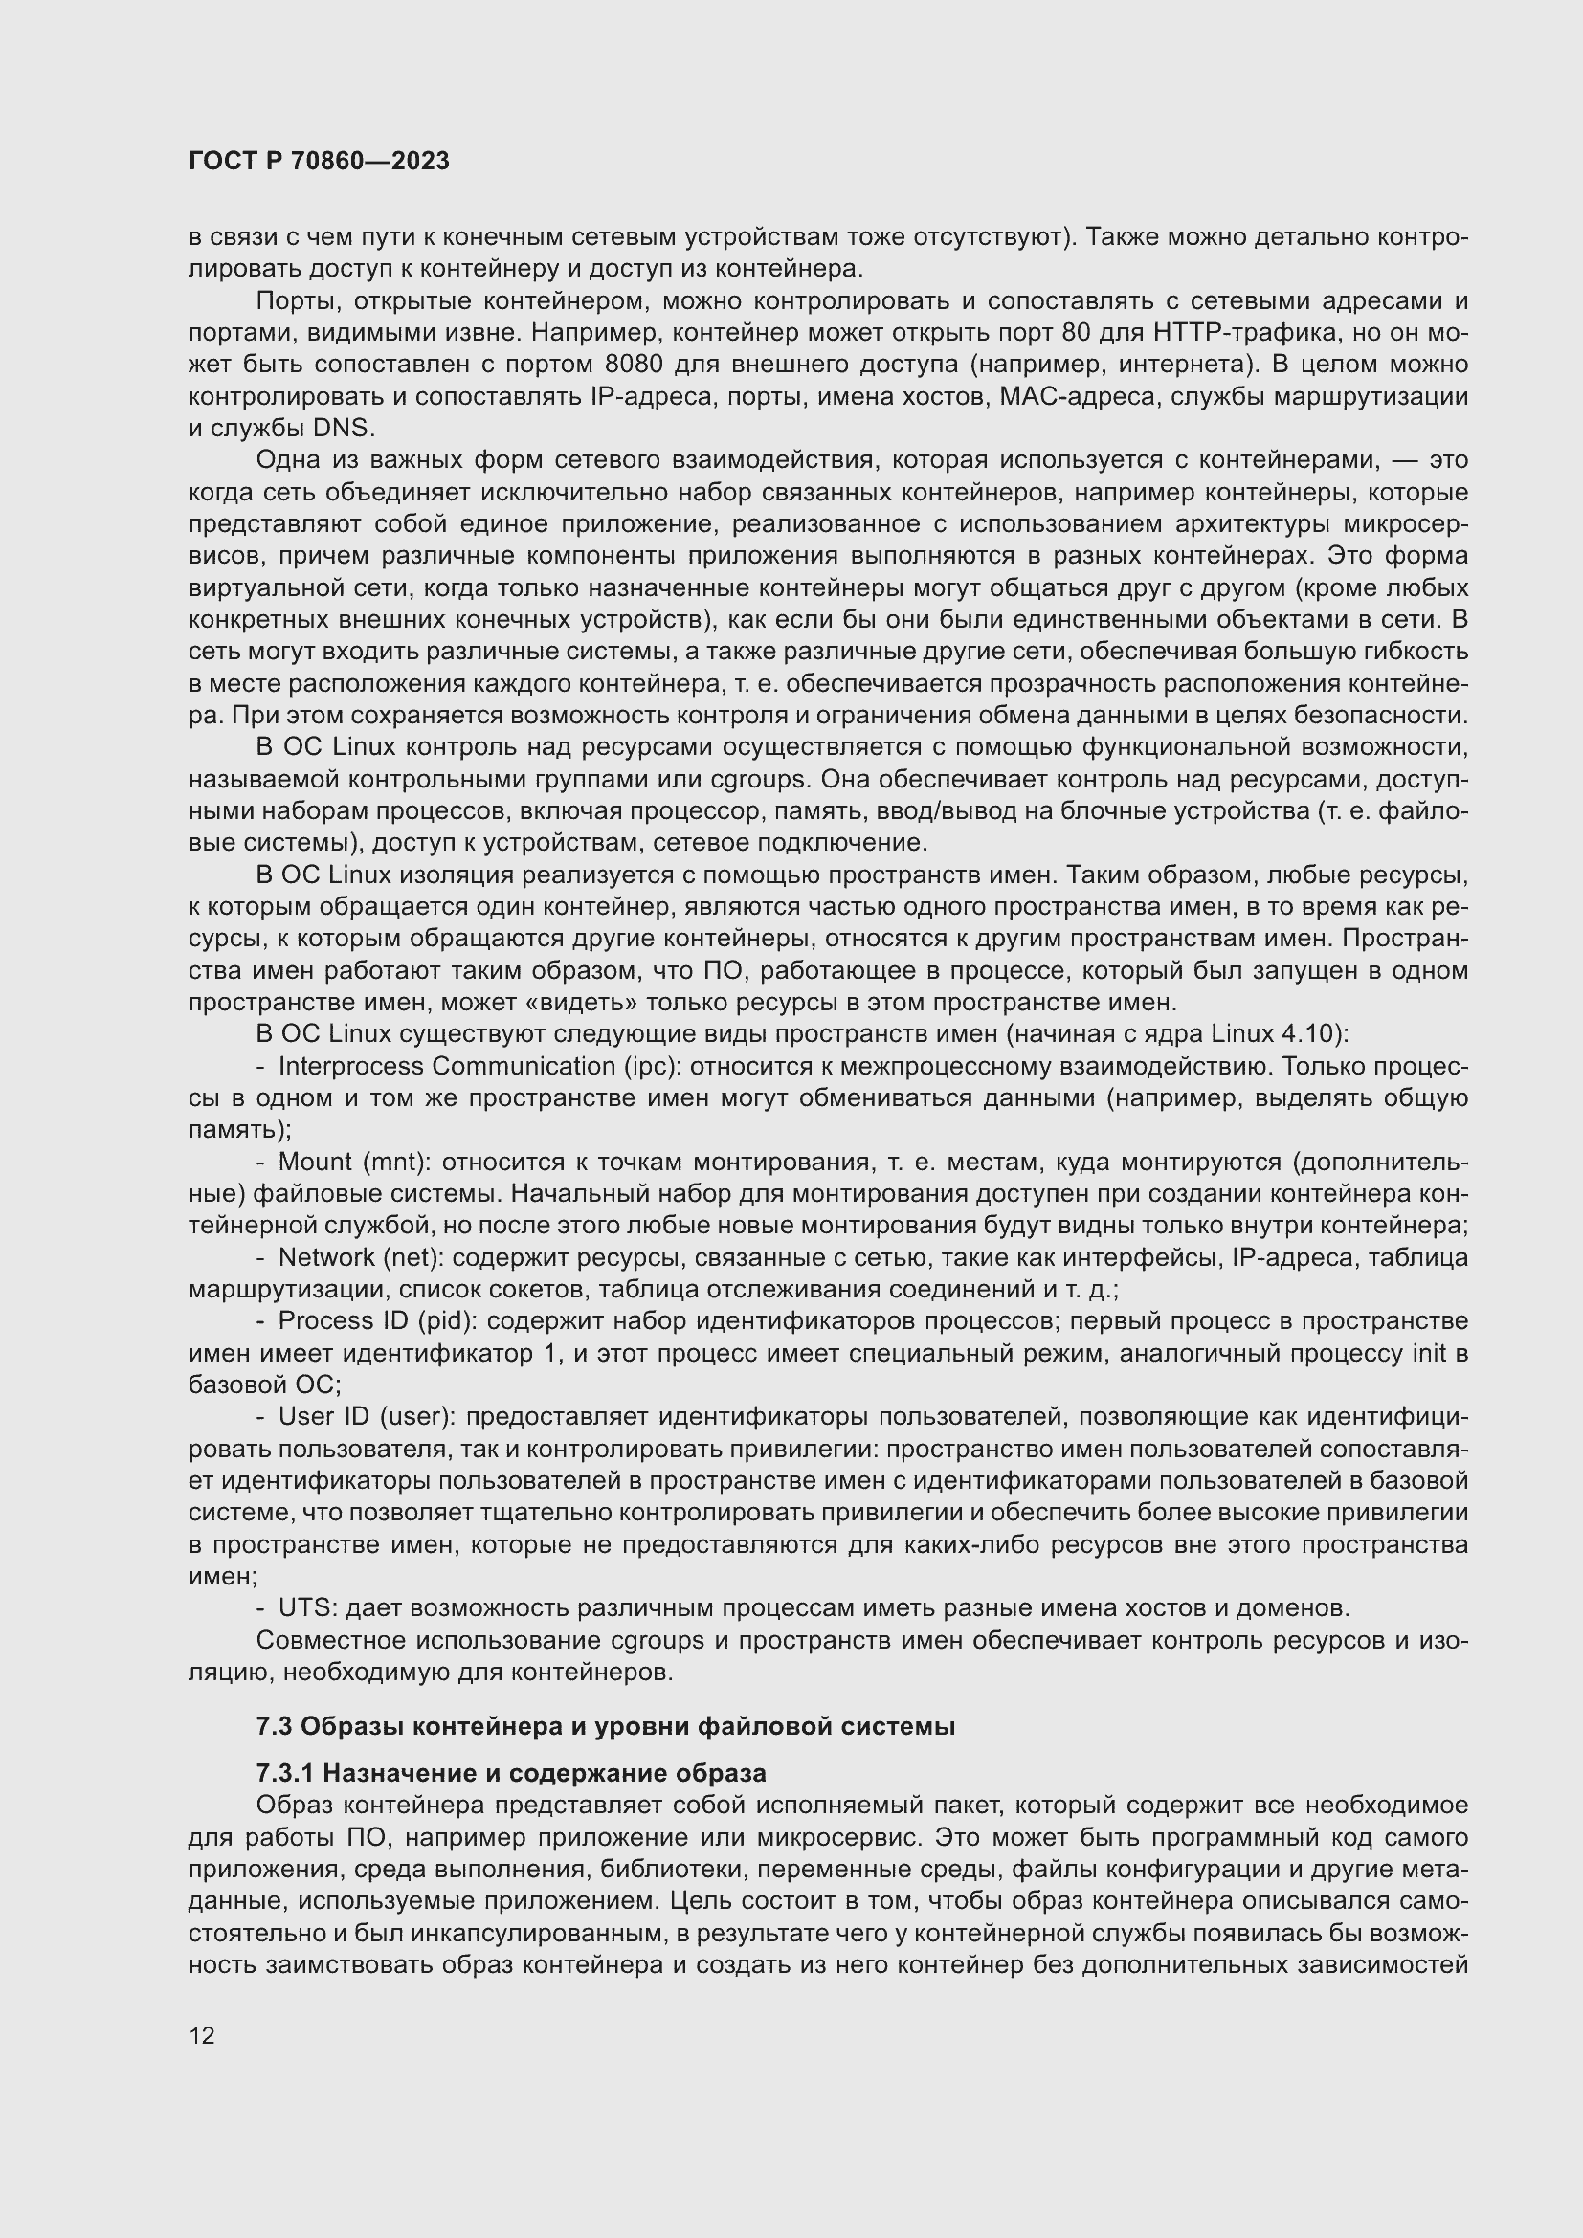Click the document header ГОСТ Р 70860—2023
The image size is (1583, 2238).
click(319, 162)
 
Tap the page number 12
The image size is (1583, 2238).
click(202, 2035)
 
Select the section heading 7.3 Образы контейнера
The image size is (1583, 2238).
click(604, 1726)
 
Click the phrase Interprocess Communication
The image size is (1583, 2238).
click(446, 1066)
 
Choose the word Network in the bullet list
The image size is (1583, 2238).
click(326, 1257)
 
